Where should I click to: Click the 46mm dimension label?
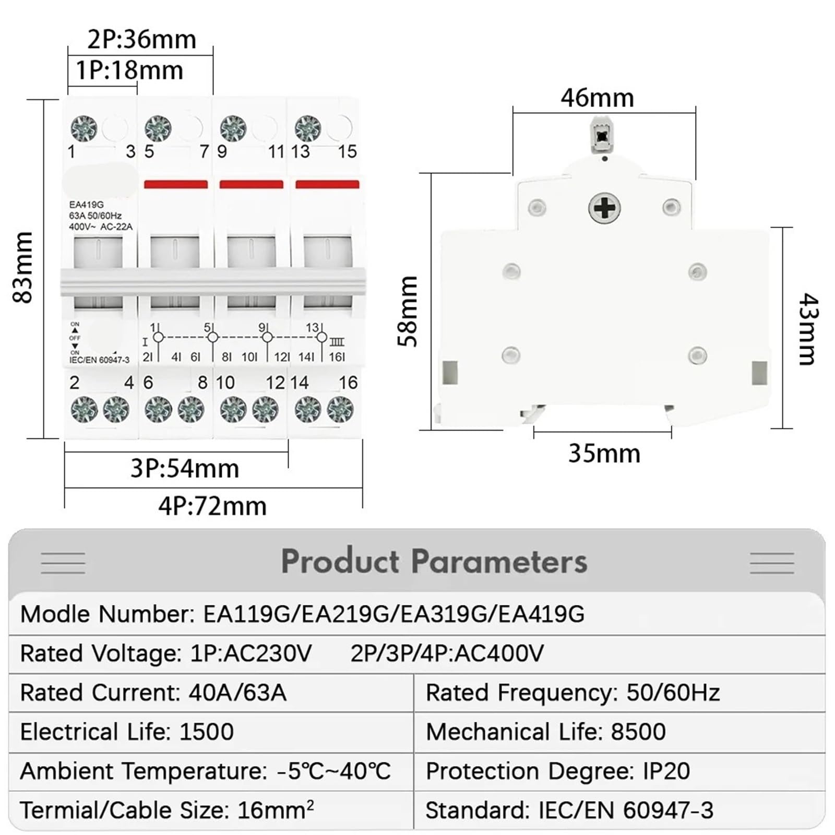597,98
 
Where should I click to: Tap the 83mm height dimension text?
23,267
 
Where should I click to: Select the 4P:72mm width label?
212,506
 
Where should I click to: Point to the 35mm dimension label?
604,454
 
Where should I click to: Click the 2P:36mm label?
141,40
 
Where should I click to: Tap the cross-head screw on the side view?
604,208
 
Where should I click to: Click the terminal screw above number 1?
83,128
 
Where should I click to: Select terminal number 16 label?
348,383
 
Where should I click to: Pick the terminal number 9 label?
222,152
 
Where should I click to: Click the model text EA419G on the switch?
86,205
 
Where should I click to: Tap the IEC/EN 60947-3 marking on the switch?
99,360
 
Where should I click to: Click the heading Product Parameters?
434,562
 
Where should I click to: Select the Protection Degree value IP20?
666,771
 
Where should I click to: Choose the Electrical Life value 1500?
206,732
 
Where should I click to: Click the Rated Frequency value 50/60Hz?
673,693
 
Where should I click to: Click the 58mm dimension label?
408,312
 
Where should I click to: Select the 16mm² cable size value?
276,810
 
